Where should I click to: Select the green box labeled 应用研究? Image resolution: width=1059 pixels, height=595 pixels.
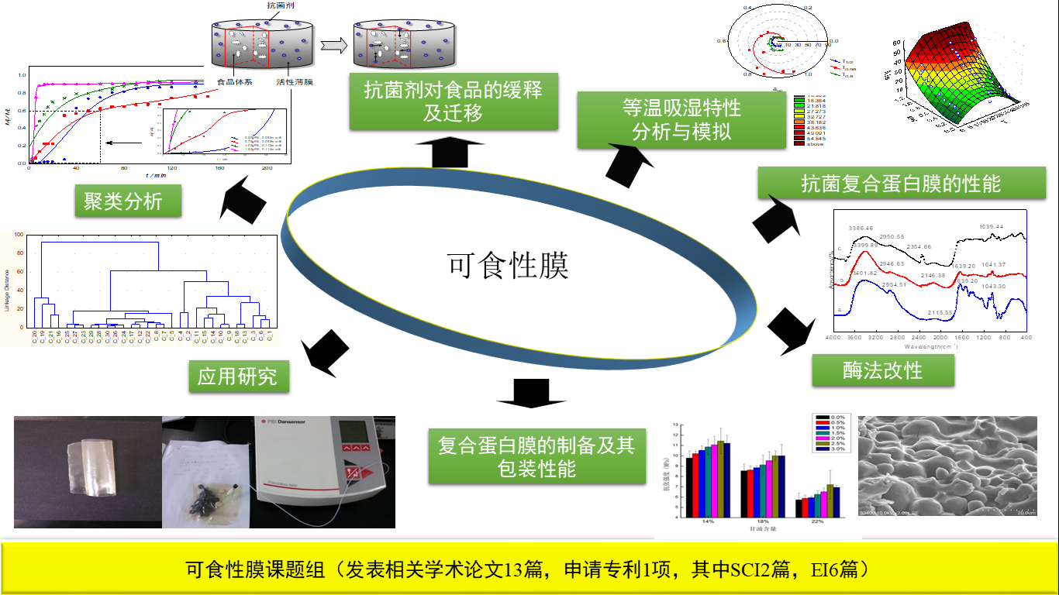point(237,377)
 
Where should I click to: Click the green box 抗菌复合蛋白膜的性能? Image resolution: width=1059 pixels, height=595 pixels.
point(902,184)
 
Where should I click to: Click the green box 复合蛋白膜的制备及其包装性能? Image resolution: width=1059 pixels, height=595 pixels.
point(536,456)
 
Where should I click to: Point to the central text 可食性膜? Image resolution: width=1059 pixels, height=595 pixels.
point(509,266)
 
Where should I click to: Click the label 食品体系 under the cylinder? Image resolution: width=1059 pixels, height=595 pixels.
point(237,81)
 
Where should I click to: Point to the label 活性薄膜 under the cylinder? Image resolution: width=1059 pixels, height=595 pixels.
point(294,81)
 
